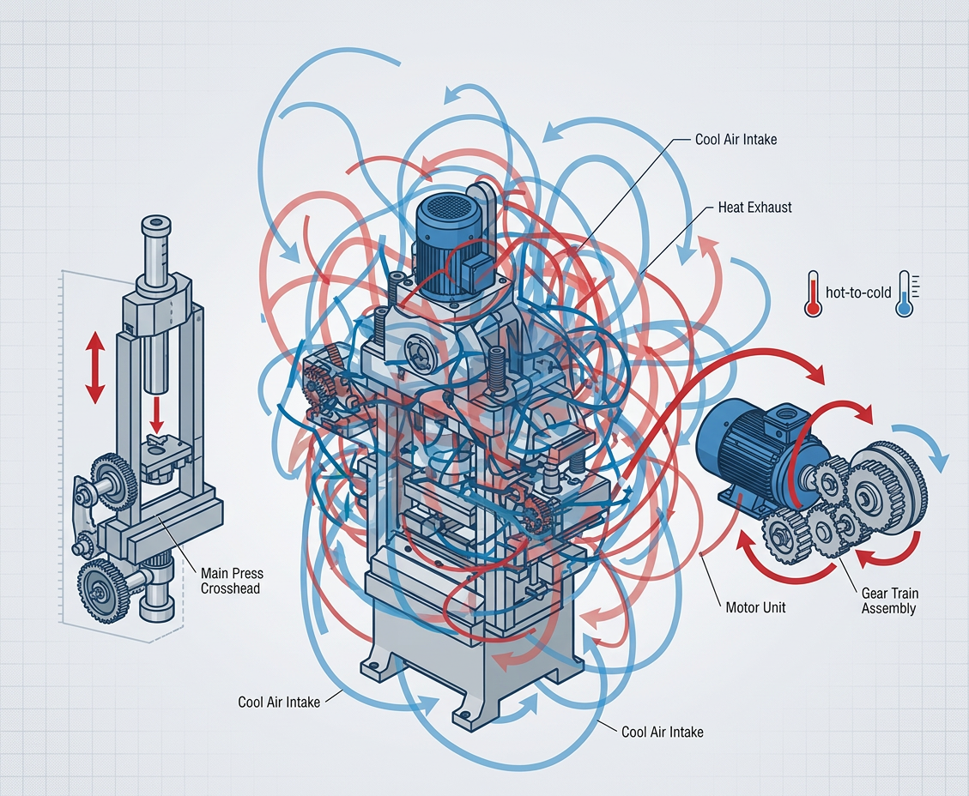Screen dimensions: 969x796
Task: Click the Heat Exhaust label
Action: coord(754,208)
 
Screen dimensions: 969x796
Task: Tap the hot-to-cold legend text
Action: coord(858,292)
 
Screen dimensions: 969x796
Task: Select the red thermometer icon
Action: coord(813,293)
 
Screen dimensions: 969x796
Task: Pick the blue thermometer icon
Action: coord(905,293)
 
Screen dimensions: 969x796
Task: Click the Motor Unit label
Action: coord(755,607)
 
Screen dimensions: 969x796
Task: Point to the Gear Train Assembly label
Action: coord(889,600)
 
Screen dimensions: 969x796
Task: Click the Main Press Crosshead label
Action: coord(232,581)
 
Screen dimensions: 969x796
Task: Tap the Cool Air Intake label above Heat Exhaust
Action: coord(736,140)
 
